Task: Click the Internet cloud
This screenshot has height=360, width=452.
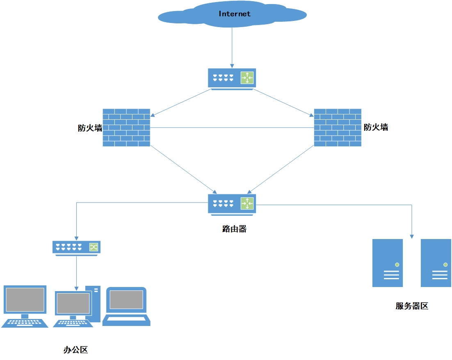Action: [x=232, y=14]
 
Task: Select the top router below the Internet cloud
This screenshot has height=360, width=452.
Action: [x=232, y=79]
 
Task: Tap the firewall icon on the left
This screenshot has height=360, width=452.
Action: [x=127, y=128]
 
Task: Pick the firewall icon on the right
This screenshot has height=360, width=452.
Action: [x=338, y=128]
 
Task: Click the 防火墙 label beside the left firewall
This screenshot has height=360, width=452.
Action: [x=90, y=128]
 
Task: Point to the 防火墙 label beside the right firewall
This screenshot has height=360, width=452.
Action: [x=376, y=127]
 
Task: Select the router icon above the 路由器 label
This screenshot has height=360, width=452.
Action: [x=232, y=205]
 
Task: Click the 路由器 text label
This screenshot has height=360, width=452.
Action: [x=234, y=229]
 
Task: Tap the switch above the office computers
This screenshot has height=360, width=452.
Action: [x=76, y=248]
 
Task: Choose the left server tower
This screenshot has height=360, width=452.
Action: [x=388, y=263]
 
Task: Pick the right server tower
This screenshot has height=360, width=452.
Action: [x=436, y=263]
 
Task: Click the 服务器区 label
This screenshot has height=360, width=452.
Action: [x=412, y=306]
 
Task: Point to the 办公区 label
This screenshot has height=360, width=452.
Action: [x=75, y=350]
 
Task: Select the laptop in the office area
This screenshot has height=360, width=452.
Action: [x=127, y=306]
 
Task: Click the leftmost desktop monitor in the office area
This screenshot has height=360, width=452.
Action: [x=25, y=306]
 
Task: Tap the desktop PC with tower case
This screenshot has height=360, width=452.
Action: [x=77, y=306]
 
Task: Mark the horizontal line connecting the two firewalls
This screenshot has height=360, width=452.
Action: [x=232, y=128]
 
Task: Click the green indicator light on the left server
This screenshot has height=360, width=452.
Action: [x=397, y=264]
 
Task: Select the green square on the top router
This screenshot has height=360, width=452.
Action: [x=247, y=78]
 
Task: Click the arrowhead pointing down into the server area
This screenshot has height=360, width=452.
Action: [x=412, y=237]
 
